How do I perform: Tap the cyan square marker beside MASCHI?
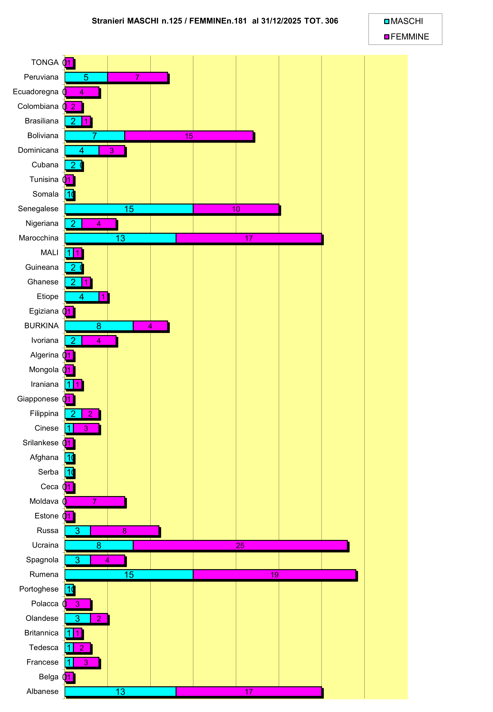386,22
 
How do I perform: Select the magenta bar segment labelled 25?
240,545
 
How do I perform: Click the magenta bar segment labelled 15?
189,136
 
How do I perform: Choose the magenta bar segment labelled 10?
236,209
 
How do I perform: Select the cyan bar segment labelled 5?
86,78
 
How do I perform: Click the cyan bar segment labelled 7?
95,136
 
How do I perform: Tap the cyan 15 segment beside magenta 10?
129,209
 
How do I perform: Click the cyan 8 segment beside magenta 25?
99,545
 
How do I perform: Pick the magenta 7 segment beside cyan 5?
137,78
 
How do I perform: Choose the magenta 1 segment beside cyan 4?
103,297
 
